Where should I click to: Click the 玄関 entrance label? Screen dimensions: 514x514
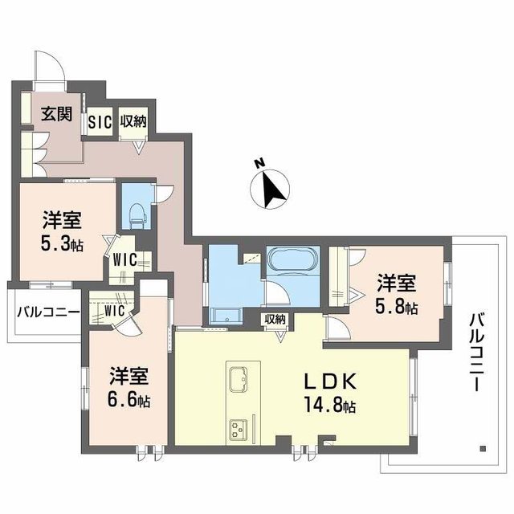click(55, 114)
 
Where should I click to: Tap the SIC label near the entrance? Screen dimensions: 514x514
click(99, 121)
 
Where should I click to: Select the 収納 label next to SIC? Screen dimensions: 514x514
click(133, 121)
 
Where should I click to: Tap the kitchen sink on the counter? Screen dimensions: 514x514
click(239, 380)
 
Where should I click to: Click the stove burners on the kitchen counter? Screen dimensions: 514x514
click(239, 428)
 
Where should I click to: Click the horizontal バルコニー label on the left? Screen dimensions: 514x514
click(44, 312)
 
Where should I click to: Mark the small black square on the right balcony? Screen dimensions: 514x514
click(483, 447)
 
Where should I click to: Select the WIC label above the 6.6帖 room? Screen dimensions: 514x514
click(110, 309)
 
